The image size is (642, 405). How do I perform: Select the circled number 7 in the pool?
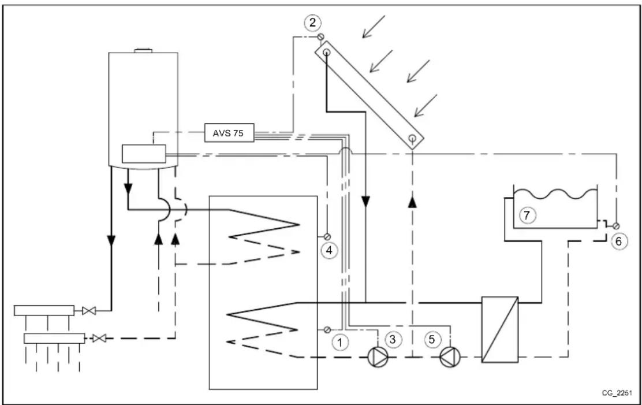[x=526, y=215]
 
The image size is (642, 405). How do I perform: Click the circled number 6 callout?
[x=618, y=241]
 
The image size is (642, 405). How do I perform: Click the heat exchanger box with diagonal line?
[x=500, y=328]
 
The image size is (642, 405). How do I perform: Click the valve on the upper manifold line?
[x=89, y=311]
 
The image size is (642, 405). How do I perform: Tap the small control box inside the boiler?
[x=143, y=154]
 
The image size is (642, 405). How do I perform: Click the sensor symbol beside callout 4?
[x=326, y=237]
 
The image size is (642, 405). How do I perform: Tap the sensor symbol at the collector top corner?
[x=321, y=38]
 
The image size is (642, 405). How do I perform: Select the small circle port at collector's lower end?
[x=412, y=139]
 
